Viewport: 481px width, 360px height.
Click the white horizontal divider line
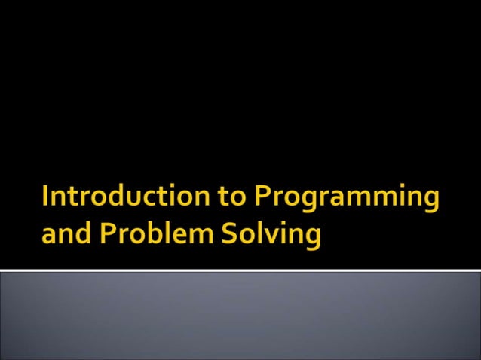point(240,270)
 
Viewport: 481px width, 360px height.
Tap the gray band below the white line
point(240,316)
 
